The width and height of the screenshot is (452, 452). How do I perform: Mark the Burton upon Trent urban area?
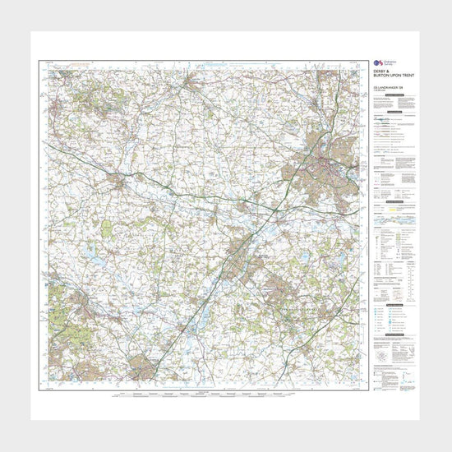click(241, 251)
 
